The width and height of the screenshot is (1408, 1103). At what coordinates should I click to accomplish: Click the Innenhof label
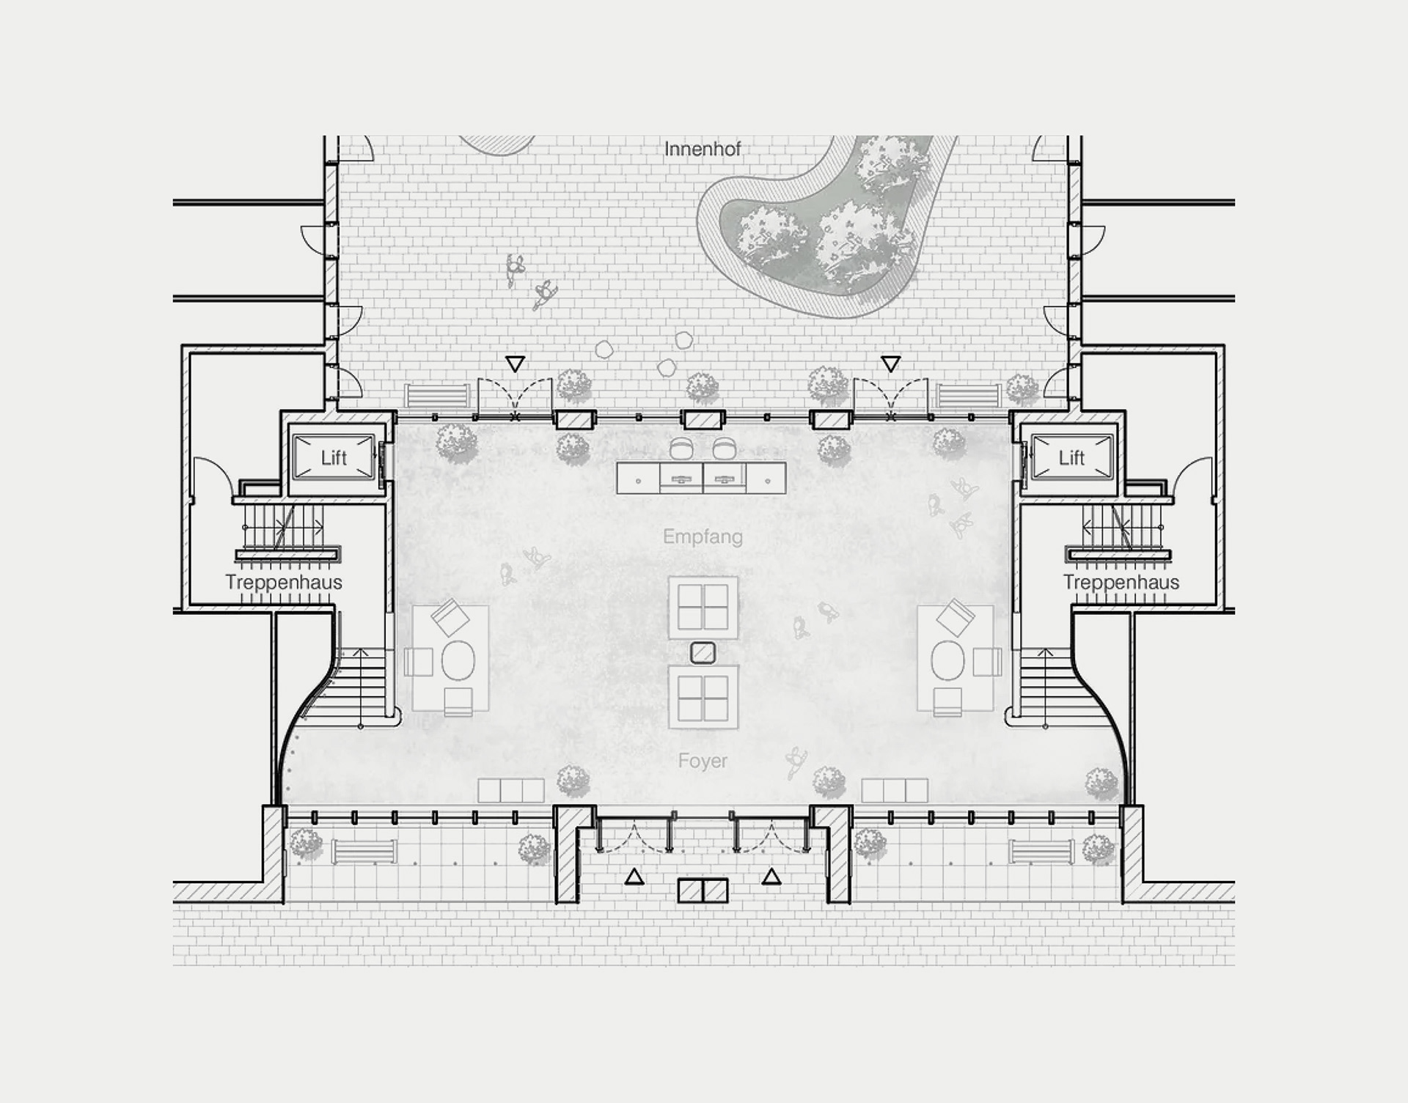(702, 150)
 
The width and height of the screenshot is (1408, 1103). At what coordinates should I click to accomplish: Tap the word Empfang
(703, 536)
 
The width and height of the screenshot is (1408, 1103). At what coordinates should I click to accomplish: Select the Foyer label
(703, 761)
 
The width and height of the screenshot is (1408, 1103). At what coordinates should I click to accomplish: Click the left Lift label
(334, 458)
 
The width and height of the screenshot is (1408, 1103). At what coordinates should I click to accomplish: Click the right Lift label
(1071, 458)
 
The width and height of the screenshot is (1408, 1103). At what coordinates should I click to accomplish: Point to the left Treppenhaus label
(284, 582)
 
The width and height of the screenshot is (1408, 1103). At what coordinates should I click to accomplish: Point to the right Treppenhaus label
(1121, 582)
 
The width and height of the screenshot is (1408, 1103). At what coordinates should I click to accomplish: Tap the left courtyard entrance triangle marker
(516, 364)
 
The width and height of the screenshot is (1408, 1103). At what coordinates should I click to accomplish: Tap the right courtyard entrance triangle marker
(890, 364)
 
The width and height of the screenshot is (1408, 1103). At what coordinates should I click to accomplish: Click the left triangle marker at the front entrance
(634, 876)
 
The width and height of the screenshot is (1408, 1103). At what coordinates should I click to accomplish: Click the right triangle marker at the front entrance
(771, 876)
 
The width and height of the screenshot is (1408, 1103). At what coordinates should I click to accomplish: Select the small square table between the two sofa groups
(703, 652)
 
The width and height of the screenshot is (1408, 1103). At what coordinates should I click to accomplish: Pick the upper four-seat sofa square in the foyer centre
(703, 607)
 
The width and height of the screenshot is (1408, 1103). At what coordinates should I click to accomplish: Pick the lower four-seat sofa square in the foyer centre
(703, 697)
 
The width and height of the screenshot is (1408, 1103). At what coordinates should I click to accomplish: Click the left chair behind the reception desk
(682, 448)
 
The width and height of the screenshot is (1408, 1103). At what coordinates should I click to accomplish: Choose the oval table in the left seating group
(458, 660)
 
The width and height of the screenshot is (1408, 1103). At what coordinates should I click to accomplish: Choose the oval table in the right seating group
(947, 660)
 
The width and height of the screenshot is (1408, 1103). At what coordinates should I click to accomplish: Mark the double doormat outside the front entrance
(703, 890)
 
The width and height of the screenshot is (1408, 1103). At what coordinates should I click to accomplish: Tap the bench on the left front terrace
(364, 852)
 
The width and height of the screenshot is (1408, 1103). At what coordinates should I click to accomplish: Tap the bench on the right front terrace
(1041, 852)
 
